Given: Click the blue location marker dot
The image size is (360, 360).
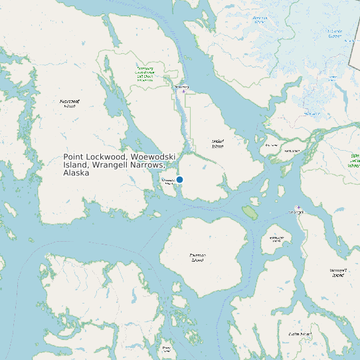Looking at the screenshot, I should click(x=179, y=180).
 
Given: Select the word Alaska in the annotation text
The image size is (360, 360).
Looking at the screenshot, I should click(x=76, y=173).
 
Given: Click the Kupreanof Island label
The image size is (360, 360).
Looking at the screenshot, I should click(x=69, y=103).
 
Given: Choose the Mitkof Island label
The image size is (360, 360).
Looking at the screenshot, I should click(x=217, y=143).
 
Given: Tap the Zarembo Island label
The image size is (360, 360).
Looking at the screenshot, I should click(x=197, y=257).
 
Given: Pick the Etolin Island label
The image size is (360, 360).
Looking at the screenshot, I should click(x=300, y=333).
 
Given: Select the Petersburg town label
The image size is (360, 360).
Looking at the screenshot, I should click(x=181, y=86).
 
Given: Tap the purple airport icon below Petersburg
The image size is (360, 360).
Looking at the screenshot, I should click(x=184, y=92).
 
